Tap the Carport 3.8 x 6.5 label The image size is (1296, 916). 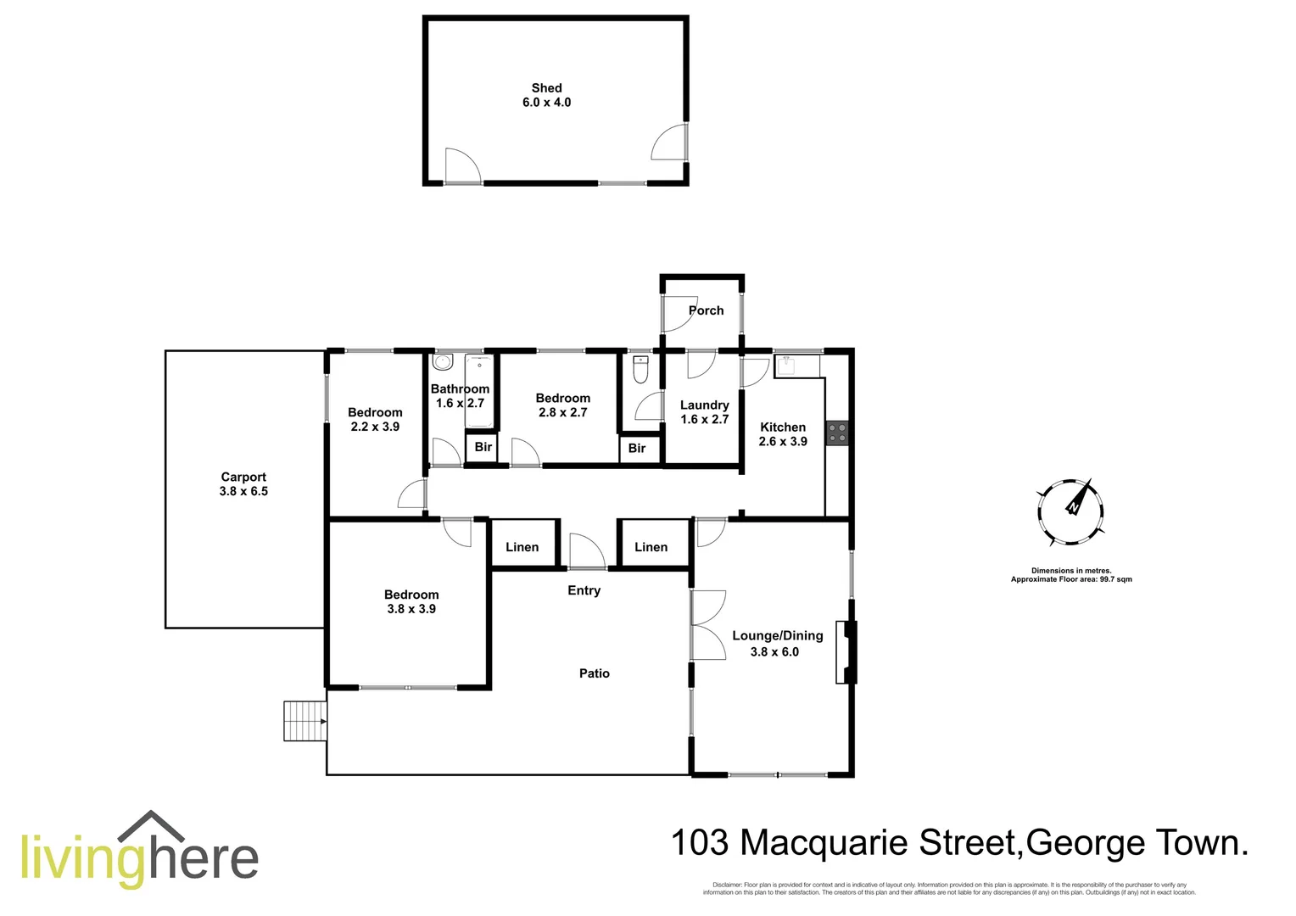243,484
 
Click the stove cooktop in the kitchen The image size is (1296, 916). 837,433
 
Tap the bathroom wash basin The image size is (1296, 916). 442,363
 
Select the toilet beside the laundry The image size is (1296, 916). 641,370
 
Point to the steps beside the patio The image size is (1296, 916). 304,721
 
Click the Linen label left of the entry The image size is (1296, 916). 522,547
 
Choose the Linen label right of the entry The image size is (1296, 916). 651,547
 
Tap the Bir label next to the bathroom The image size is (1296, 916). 483,447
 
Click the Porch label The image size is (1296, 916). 706,310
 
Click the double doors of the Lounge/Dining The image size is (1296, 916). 707,625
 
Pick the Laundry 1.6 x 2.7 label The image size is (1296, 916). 704,412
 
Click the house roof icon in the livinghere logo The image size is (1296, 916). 152,828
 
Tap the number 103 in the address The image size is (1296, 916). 700,843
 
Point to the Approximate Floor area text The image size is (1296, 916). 1071,579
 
